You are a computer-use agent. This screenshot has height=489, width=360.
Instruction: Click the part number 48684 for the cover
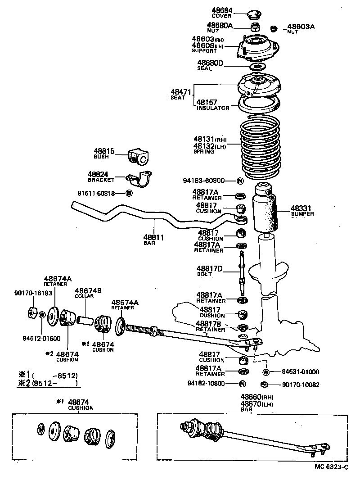tap(221, 10)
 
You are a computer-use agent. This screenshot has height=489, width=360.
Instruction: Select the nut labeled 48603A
tap(273, 29)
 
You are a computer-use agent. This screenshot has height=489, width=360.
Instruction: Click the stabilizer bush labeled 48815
tap(138, 157)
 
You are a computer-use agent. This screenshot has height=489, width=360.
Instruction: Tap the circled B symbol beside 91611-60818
tap(129, 193)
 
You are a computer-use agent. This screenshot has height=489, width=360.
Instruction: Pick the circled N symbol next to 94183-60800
tap(240, 181)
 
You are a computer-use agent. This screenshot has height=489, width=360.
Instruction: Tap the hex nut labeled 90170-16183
tap(33, 312)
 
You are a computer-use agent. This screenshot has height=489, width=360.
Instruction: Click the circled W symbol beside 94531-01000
tap(265, 372)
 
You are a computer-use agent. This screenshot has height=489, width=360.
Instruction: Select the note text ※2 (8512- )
tap(48, 384)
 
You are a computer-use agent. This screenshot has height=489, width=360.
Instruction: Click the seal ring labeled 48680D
tap(257, 67)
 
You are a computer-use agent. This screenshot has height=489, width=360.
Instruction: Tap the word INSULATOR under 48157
tap(213, 108)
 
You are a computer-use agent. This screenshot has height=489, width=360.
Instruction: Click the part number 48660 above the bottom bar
tap(251, 397)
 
